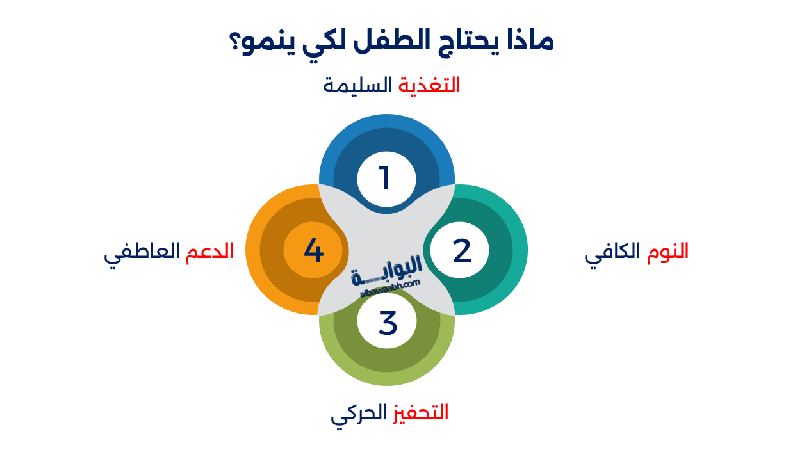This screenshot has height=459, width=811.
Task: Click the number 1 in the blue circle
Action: [385, 179]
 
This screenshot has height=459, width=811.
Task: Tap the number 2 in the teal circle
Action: [461, 251]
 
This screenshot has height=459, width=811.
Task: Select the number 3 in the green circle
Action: [388, 323]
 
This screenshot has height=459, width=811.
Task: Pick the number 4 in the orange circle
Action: [313, 250]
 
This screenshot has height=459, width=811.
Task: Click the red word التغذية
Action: [429, 85]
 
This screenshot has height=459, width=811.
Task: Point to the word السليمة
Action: [357, 85]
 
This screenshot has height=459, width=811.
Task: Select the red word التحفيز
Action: [420, 412]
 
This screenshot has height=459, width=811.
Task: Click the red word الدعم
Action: [209, 251]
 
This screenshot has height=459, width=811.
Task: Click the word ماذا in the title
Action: [528, 41]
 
